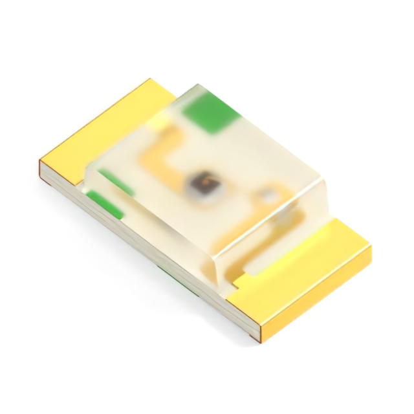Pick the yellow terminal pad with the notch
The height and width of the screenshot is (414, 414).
point(304,272)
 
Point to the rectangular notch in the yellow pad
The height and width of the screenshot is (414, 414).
point(238,280)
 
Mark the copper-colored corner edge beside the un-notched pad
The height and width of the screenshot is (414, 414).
point(41,170)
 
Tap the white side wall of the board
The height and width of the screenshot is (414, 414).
point(149,256)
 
